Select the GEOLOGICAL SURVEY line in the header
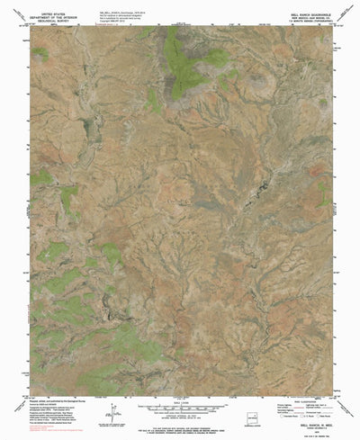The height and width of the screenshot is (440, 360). click(x=53, y=16)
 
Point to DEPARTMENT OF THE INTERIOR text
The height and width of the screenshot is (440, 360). click(x=53, y=12)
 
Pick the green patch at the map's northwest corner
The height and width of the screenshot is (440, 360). click(x=40, y=54)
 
